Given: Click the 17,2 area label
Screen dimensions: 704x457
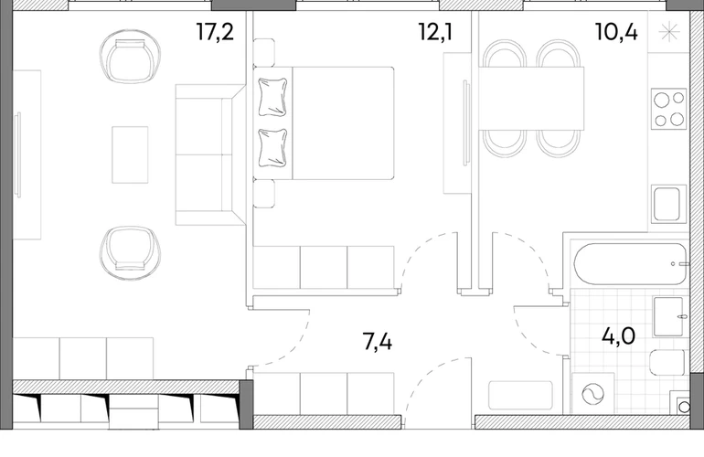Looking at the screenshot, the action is click(216, 32).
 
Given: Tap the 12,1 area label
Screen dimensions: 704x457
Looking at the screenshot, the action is click(435, 32).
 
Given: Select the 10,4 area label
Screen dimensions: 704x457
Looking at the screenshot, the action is click(616, 32).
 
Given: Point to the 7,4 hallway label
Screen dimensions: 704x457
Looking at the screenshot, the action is click(377, 342).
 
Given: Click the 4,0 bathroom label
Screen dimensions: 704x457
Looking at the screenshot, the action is click(618, 335).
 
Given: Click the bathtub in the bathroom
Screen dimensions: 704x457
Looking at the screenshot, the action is click(630, 264).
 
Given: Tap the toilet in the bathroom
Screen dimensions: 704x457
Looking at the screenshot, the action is click(668, 364).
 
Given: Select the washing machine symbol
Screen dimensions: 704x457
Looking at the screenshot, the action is click(592, 394).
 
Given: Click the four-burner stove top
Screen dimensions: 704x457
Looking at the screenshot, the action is click(668, 109).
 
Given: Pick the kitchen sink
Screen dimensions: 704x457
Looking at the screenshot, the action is click(668, 204).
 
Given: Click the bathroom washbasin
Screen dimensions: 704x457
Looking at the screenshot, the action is click(668, 316).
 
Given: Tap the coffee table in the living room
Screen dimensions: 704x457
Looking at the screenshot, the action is click(130, 154).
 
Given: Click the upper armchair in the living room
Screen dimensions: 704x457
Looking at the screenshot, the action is click(130, 57).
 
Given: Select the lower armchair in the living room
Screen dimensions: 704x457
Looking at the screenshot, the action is click(130, 253).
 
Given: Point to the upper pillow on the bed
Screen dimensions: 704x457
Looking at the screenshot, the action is click(272, 97).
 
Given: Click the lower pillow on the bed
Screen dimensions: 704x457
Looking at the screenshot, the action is click(272, 148).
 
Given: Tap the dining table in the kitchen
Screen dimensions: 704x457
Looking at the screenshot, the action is click(531, 99).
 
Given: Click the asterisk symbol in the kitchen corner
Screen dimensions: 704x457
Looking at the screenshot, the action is click(669, 32).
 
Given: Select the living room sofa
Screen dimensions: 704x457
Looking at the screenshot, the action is click(210, 154).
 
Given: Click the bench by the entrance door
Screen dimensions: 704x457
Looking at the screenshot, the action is click(520, 395).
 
